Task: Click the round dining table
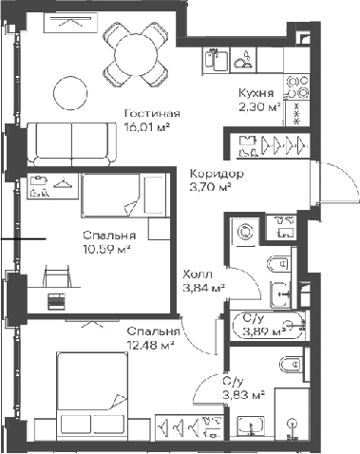click(x=136, y=56)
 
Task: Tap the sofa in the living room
click(x=72, y=144)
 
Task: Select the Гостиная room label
click(x=152, y=113)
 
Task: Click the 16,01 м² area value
click(x=146, y=127)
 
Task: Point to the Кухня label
click(x=256, y=93)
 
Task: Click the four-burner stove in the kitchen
click(x=296, y=86)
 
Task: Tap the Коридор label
click(x=217, y=174)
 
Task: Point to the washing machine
click(x=245, y=232)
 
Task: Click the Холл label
click(x=198, y=274)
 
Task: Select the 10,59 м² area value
click(x=107, y=250)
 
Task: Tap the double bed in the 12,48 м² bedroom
click(x=92, y=396)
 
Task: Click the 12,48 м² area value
click(x=150, y=345)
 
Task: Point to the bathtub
click(x=269, y=326)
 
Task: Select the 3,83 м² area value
click(x=243, y=395)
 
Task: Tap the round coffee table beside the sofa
click(x=70, y=93)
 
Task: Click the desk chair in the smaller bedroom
click(x=57, y=274)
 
